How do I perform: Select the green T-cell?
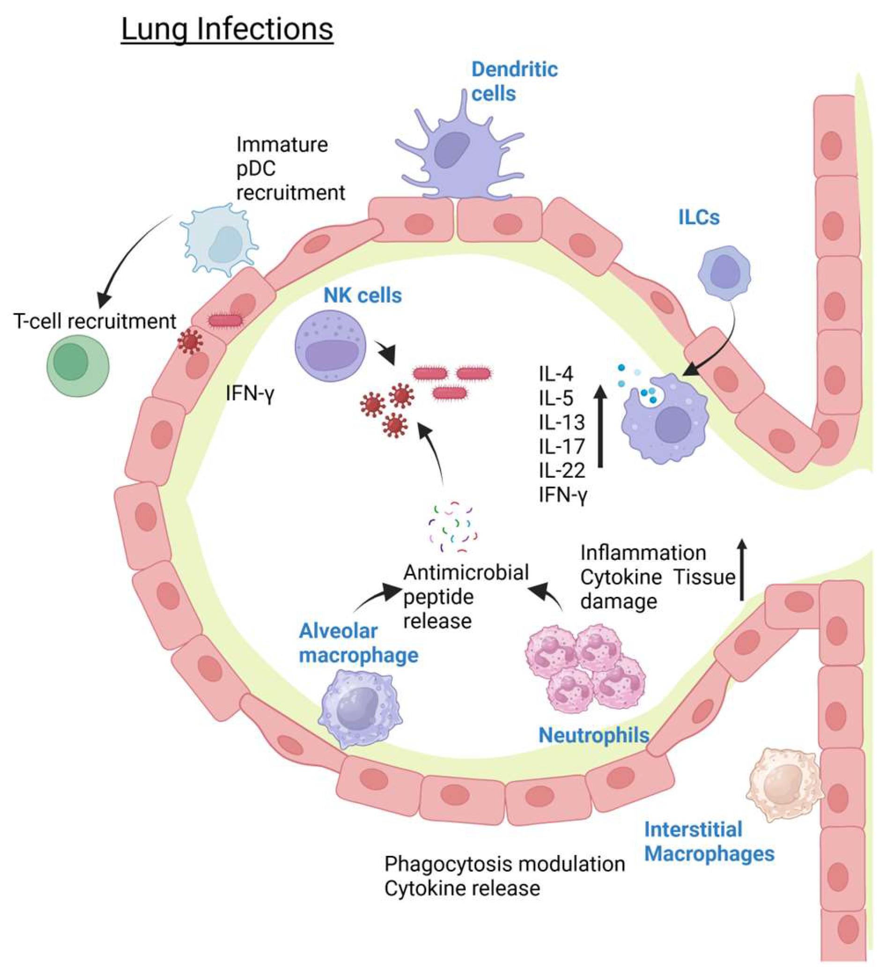[x=78, y=364]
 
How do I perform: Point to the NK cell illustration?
[x=331, y=346]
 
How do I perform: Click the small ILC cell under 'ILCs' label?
[x=724, y=273]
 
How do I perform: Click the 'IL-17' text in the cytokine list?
[x=561, y=446]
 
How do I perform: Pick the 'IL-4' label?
[x=556, y=374]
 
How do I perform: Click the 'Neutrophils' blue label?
[x=594, y=735]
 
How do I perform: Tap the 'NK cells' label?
[x=362, y=296]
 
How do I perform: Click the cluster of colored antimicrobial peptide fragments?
[x=452, y=527]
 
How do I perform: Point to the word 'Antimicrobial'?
[x=466, y=572]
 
